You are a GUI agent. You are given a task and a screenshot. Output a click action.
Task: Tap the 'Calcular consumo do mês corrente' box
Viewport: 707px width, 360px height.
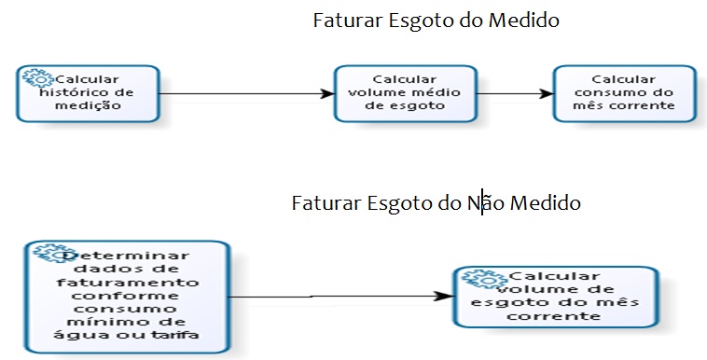(624, 93)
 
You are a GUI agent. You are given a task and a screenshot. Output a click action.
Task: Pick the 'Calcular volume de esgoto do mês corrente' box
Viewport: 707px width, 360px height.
(555, 297)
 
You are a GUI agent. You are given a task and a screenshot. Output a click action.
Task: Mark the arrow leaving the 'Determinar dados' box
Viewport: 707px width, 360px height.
(336, 297)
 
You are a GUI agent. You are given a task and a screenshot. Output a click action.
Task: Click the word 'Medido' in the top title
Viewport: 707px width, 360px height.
(526, 20)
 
